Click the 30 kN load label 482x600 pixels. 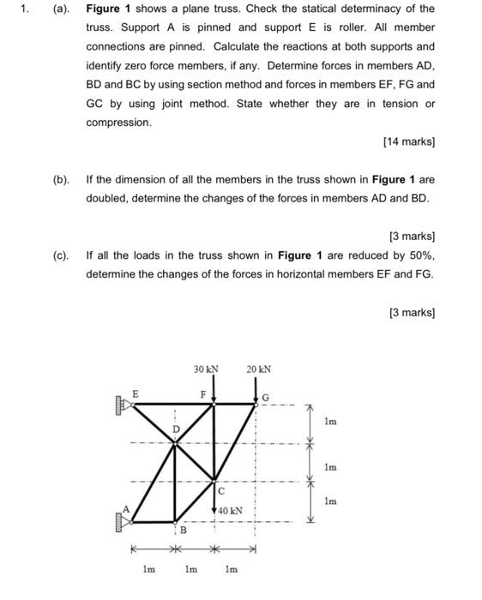coord(206,369)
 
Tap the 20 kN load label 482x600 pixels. coord(258,369)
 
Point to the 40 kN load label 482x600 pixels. coord(230,510)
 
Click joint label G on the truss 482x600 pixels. coord(266,398)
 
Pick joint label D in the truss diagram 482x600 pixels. coord(176,428)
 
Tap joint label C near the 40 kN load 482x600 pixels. coord(220,491)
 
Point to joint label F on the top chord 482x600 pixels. coord(203,394)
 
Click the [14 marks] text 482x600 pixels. coord(409,141)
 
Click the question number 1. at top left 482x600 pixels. coord(27,9)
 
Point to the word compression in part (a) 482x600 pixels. coord(118,123)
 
